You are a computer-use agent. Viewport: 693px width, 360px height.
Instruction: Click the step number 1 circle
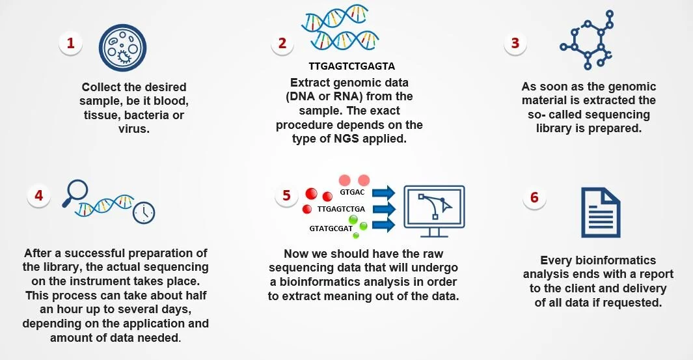pos(71,44)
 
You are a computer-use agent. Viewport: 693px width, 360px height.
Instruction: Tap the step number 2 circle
pos(282,44)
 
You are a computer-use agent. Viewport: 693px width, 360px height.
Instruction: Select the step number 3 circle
pos(515,44)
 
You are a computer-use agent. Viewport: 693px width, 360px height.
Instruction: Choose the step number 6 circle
pos(534,198)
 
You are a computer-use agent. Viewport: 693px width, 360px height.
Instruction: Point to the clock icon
pos(143,212)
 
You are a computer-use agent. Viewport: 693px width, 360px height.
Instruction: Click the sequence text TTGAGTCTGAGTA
pos(352,66)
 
